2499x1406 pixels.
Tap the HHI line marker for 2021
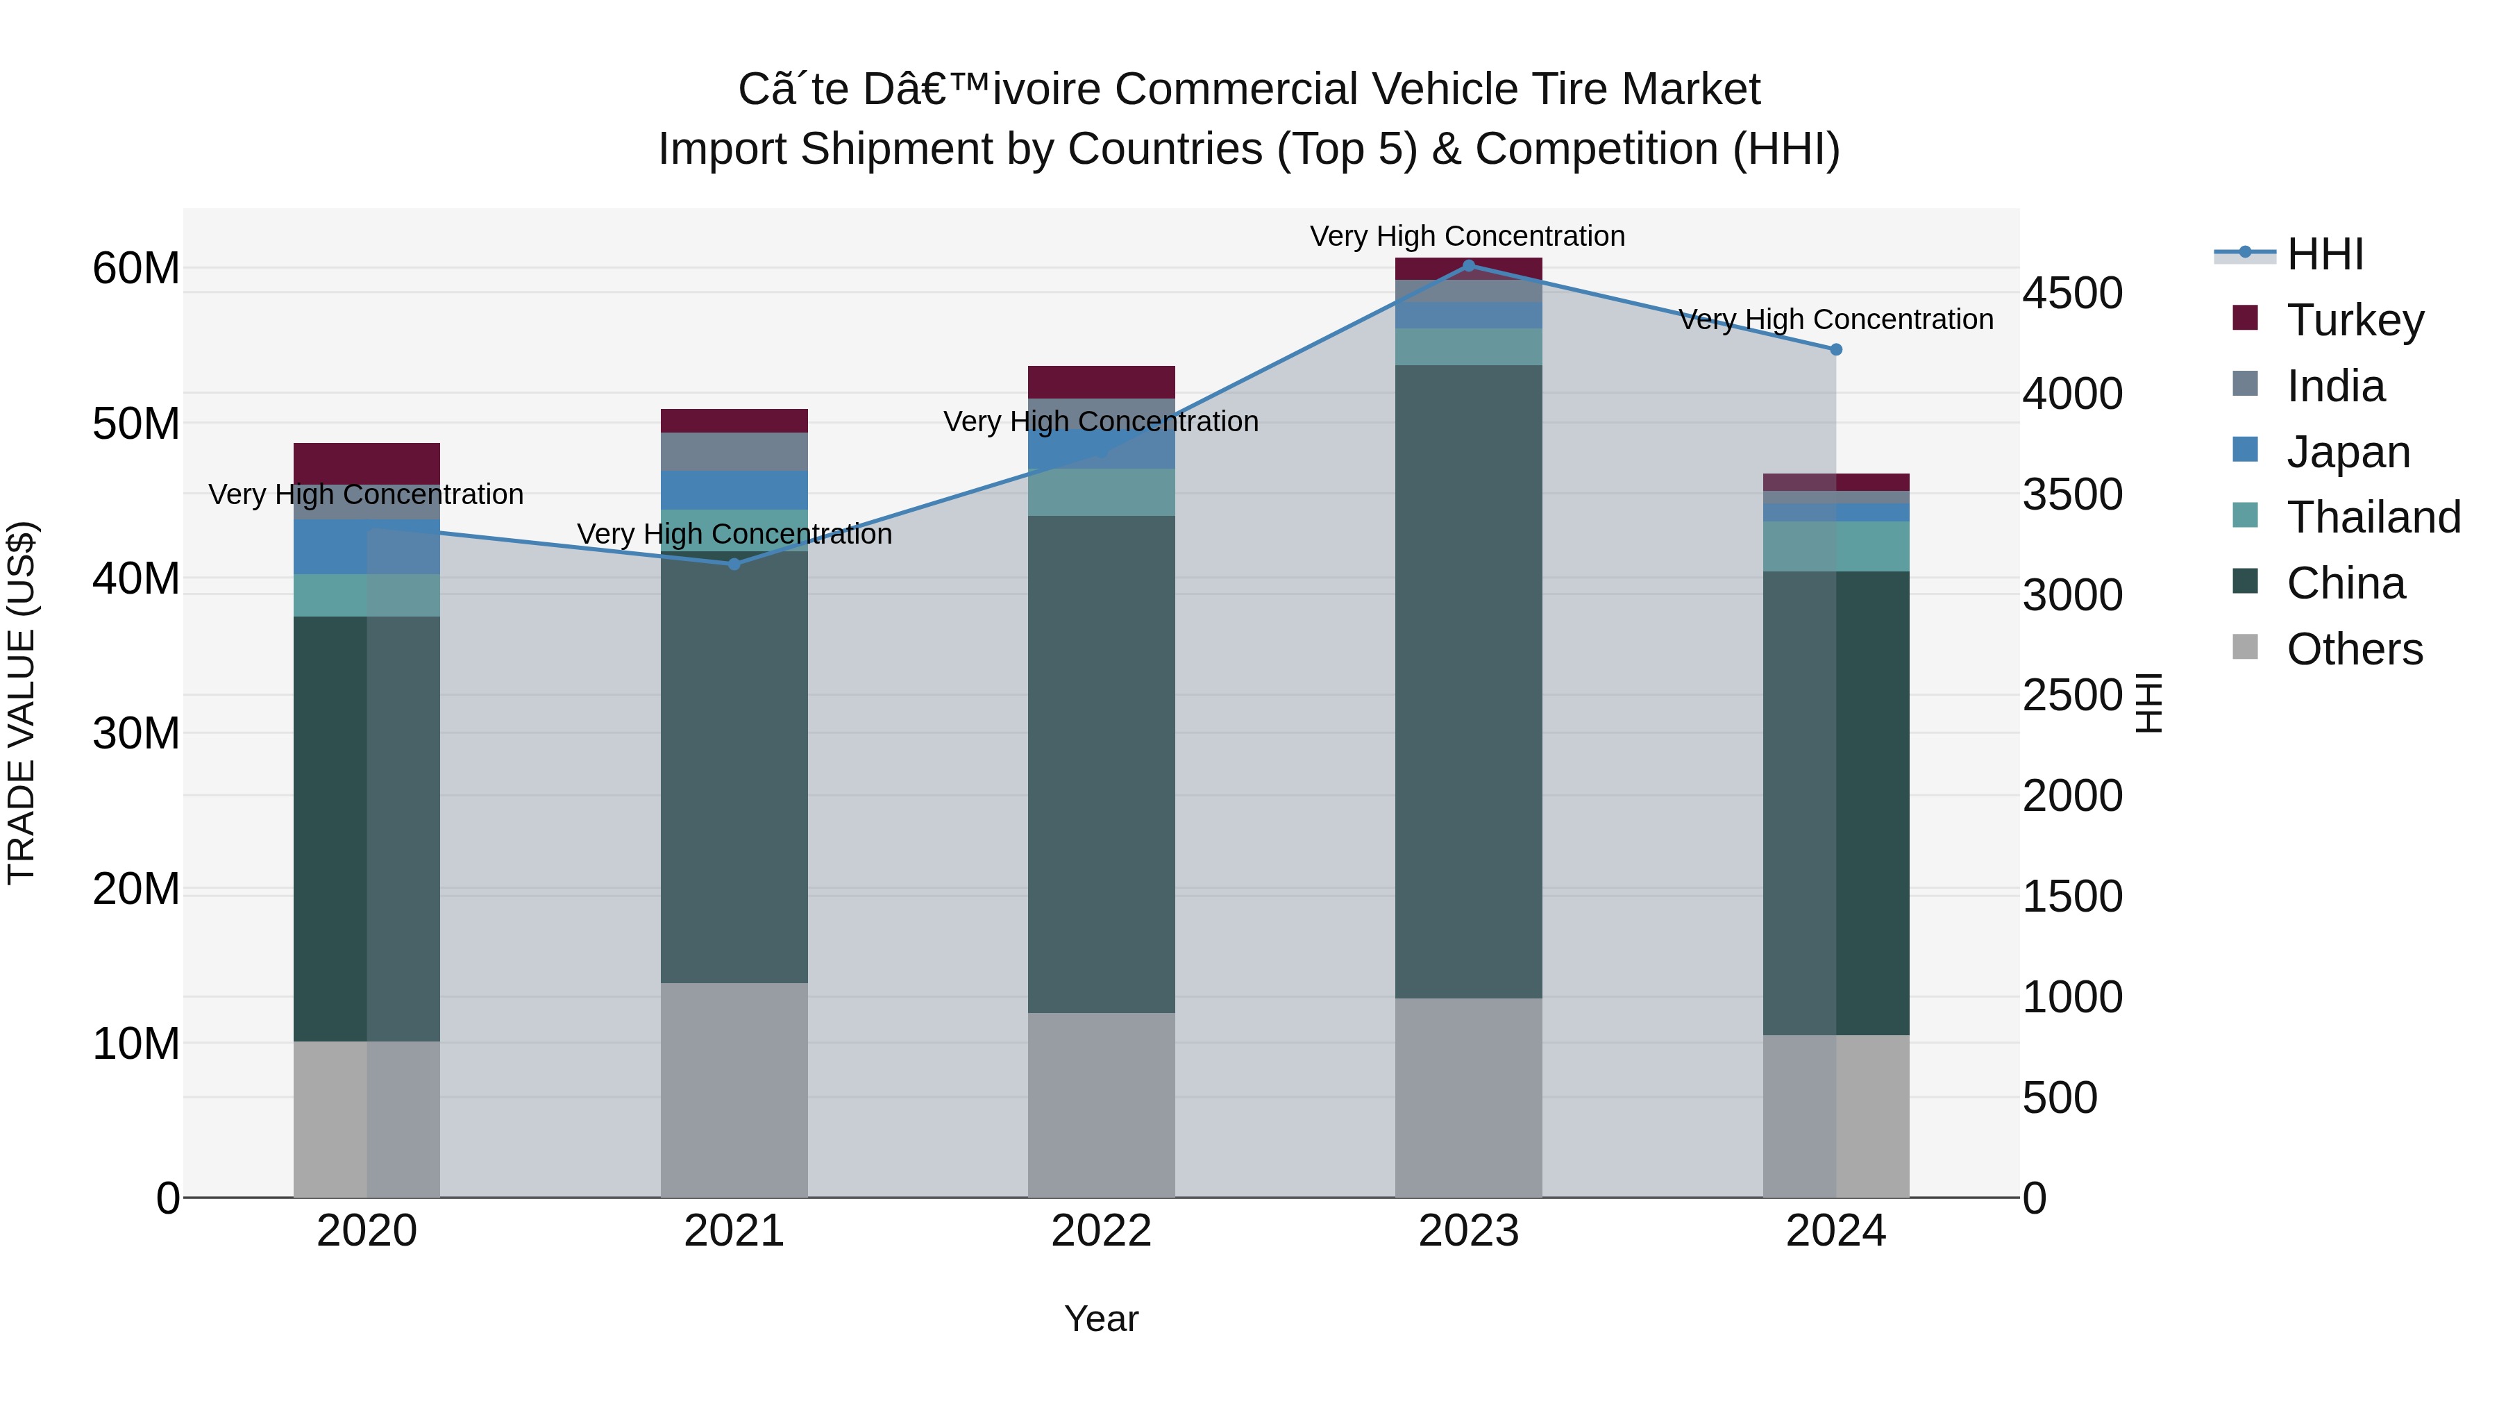[x=734, y=564]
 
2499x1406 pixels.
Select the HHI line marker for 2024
[x=1835, y=349]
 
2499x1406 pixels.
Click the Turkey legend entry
[x=2355, y=320]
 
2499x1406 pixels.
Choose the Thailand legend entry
[x=2373, y=517]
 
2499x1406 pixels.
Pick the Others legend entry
[x=2355, y=649]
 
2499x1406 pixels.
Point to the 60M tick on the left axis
[x=136, y=269]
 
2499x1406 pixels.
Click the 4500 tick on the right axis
[x=2072, y=293]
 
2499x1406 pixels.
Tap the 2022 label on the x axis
[x=1101, y=1231]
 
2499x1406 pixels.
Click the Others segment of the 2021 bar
[x=734, y=1089]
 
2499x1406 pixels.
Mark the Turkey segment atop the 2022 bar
[x=1101, y=383]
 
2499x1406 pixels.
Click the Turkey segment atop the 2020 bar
[x=367, y=463]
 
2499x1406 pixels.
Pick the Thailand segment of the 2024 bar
[x=1835, y=546]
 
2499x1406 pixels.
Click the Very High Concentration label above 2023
[x=1467, y=236]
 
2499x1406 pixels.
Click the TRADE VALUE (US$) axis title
[x=22, y=703]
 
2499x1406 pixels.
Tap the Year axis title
[x=1101, y=1319]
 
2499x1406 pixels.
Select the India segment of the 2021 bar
[x=734, y=451]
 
